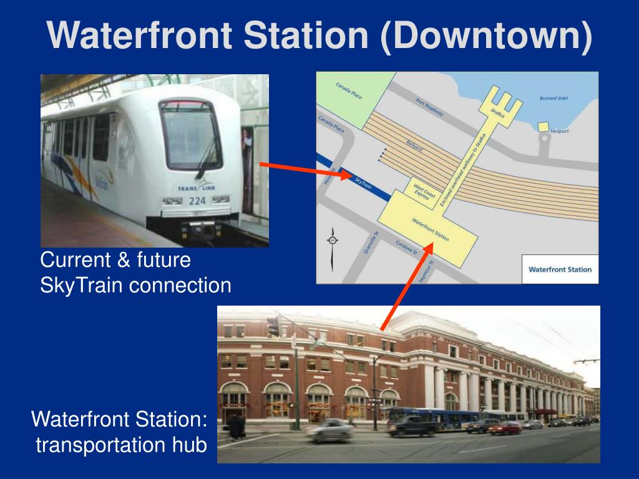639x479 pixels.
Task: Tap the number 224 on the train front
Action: [197, 200]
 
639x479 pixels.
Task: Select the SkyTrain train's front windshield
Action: [190, 134]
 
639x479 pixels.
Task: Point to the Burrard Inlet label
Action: [554, 98]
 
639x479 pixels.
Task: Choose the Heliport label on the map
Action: [559, 131]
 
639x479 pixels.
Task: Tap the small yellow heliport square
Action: [543, 127]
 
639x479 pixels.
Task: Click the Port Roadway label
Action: [429, 107]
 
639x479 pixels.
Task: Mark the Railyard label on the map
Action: [414, 145]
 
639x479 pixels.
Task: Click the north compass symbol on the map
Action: [333, 240]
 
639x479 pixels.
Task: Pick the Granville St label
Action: [372, 243]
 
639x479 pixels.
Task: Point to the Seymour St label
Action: [426, 271]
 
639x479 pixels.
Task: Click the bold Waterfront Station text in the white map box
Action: [560, 269]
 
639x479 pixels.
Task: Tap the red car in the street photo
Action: [505, 428]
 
